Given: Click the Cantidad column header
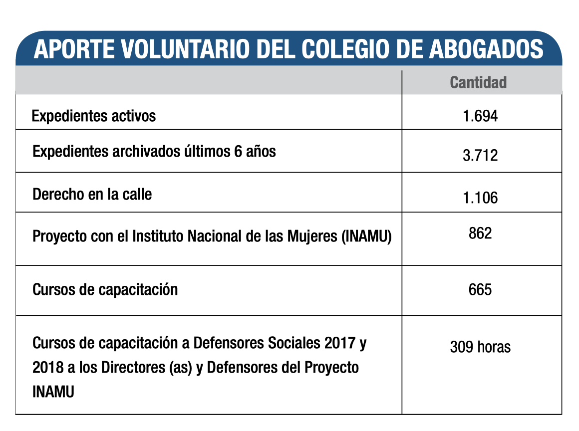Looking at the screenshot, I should [478, 82].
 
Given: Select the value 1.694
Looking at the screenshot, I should [480, 116].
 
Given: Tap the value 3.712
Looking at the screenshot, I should [480, 155].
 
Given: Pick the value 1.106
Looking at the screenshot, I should [480, 198].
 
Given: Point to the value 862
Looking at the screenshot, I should [480, 233].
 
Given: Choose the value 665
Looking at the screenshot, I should [480, 289].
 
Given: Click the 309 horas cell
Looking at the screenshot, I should [480, 347].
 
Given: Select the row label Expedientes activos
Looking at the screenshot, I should [94, 116].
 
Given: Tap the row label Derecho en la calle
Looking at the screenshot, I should [92, 194].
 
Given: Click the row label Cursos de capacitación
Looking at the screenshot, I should [105, 289].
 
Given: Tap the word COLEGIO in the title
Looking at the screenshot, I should [349, 50].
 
